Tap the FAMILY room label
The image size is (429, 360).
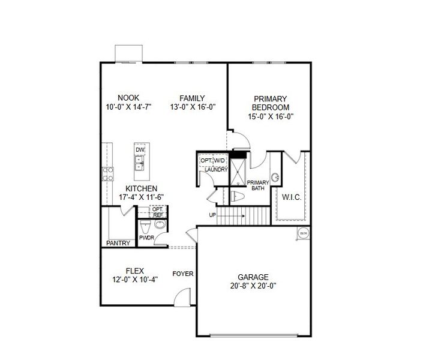(x=192, y=98)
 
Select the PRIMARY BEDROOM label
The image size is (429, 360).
(x=271, y=103)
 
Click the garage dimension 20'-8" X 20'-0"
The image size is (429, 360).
(x=253, y=286)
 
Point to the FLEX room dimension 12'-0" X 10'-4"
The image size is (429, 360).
(x=134, y=279)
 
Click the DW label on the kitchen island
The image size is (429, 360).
(x=140, y=150)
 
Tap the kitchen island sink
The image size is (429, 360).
(x=140, y=163)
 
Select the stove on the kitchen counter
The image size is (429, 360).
(x=109, y=174)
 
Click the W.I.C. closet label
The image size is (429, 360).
(x=291, y=197)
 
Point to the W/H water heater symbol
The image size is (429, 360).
(x=303, y=232)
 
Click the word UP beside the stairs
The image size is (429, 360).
(x=212, y=215)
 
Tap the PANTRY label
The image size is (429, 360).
(x=118, y=243)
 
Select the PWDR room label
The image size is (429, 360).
(x=147, y=238)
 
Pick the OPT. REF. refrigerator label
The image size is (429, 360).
(x=158, y=212)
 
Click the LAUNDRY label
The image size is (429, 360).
(x=215, y=170)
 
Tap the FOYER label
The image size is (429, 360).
(x=183, y=274)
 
